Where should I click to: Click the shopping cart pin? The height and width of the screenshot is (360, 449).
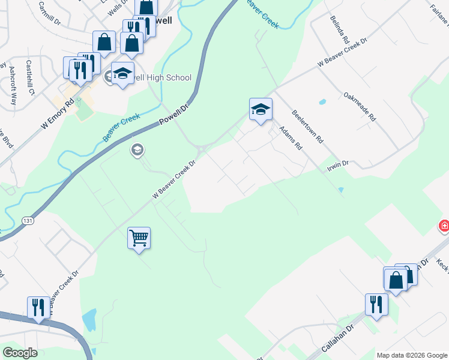pyautogui.click(x=139, y=238)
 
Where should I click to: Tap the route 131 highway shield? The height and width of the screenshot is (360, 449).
pyautogui.click(x=27, y=221)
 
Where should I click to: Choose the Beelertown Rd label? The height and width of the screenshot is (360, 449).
pyautogui.click(x=307, y=126)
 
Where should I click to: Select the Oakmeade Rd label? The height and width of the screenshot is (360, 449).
pyautogui.click(x=359, y=107)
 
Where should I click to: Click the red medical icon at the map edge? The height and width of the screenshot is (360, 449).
pyautogui.click(x=444, y=226)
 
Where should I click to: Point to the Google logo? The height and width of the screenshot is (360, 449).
pyautogui.click(x=20, y=353)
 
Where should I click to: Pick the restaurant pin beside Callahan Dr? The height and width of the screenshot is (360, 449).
pyautogui.click(x=376, y=304)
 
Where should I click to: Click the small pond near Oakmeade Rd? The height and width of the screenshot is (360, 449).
pyautogui.click(x=322, y=101)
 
